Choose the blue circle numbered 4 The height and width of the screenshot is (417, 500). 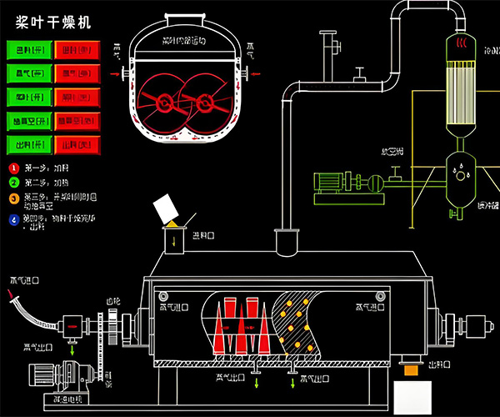pos(12,220)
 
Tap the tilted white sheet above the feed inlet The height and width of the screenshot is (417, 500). pos(167,209)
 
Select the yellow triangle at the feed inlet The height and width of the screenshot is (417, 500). pos(172,224)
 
